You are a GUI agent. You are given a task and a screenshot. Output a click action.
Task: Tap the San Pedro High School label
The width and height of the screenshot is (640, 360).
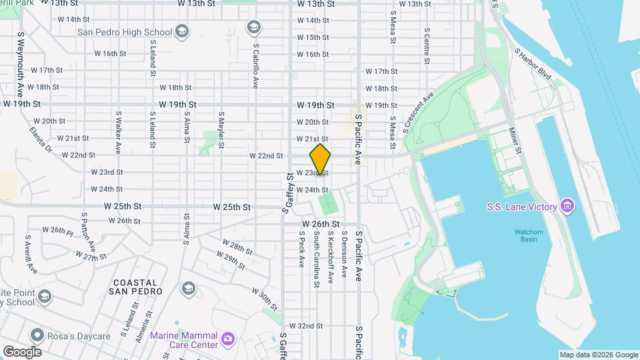124,31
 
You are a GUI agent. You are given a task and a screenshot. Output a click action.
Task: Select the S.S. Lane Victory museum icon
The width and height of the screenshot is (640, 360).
567,207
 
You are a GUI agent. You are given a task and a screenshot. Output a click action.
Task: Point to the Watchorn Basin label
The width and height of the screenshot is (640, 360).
530,235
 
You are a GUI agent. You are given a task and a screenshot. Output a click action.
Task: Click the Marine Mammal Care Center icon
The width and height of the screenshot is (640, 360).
228,339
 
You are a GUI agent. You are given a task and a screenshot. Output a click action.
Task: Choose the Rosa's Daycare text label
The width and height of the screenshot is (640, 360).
79,336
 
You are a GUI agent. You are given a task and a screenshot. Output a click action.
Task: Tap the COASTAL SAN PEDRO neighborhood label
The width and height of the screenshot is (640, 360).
135,287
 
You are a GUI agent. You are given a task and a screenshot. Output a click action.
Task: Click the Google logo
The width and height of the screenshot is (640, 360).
22,351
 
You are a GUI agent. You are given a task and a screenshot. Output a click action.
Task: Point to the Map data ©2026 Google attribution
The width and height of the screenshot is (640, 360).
599,355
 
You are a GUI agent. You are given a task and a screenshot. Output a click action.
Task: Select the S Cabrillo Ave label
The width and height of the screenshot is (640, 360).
256,67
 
